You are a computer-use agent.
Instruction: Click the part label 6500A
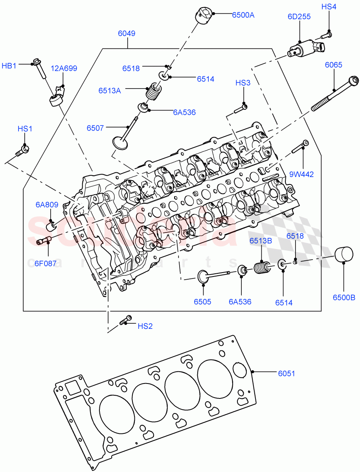point(243,15)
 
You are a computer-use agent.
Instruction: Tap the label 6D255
point(299,17)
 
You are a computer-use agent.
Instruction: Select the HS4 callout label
point(329,7)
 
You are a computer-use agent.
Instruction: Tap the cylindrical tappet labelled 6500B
point(343,254)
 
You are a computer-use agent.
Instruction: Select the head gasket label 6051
point(287,374)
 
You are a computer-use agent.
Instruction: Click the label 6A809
point(47,205)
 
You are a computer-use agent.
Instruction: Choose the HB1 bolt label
point(9,66)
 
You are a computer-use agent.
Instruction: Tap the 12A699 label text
point(64,68)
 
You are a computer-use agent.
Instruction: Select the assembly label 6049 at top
point(127,33)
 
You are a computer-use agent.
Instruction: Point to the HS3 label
point(242,83)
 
